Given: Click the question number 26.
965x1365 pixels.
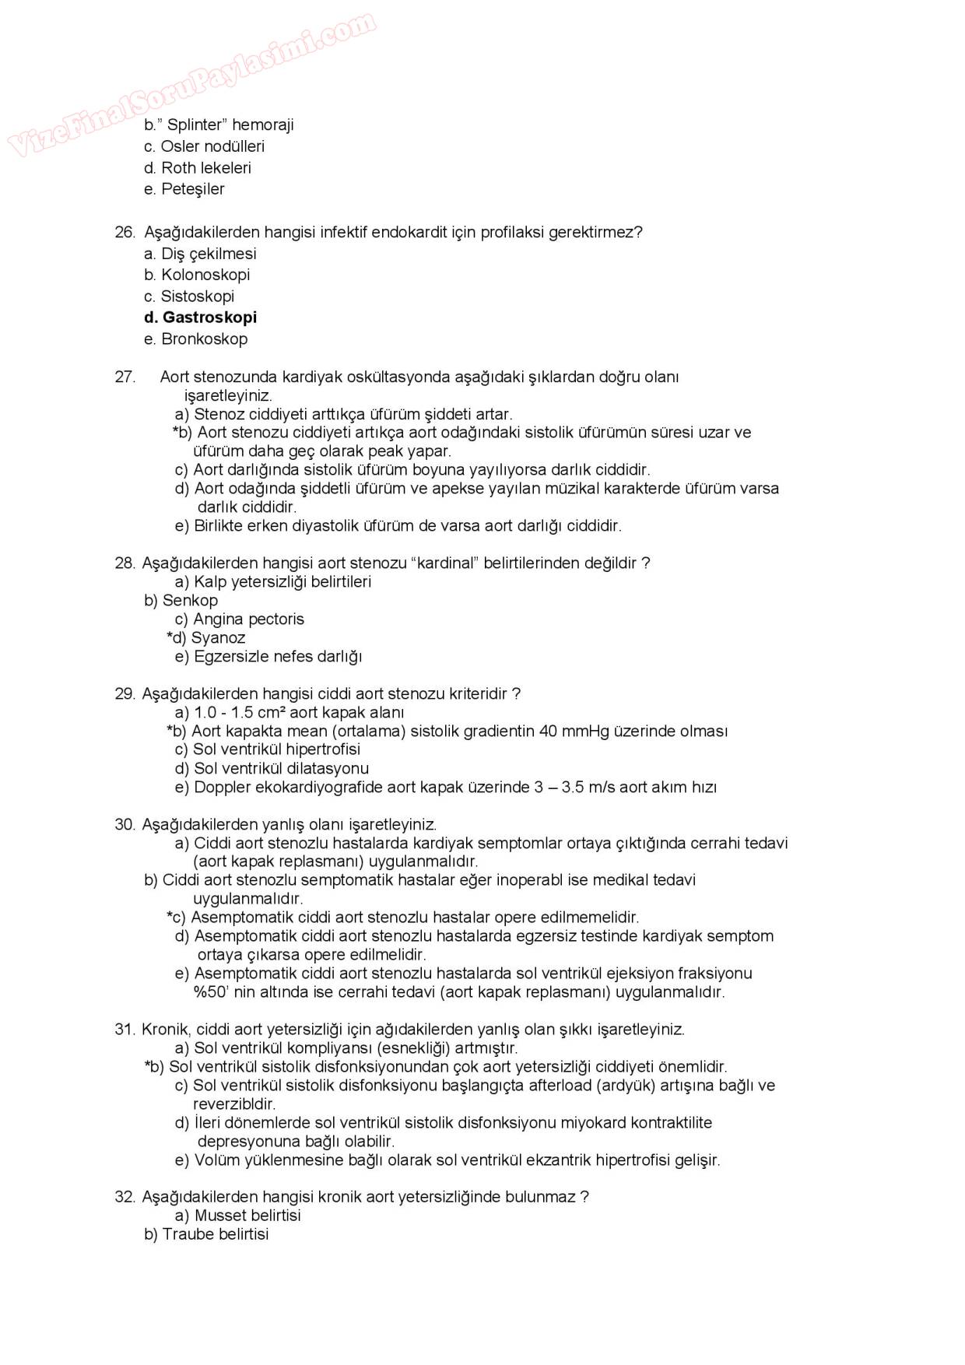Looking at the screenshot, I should pos(125,232).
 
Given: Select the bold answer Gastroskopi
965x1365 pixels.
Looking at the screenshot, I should pos(209,318).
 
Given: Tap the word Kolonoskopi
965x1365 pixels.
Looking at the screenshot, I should pos(205,275).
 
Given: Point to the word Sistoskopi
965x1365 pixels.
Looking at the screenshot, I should pos(197,297).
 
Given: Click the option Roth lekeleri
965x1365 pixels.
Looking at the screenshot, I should pos(205,168).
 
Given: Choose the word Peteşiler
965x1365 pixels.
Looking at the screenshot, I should pos(192,189).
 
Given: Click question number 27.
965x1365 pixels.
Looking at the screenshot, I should pos(125,377).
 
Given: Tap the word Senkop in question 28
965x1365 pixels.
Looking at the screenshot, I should pos(190,601).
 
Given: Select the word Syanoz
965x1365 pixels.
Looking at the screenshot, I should pos(218,638).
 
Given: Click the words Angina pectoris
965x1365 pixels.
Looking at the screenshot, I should pos(248,619).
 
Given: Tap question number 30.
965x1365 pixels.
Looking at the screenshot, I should pos(125,825).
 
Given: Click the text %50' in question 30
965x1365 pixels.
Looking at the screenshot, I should pos(212,992).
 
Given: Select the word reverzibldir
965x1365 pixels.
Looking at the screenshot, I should pos(234,1104).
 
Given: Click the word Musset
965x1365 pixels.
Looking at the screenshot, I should pos(219,1216).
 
